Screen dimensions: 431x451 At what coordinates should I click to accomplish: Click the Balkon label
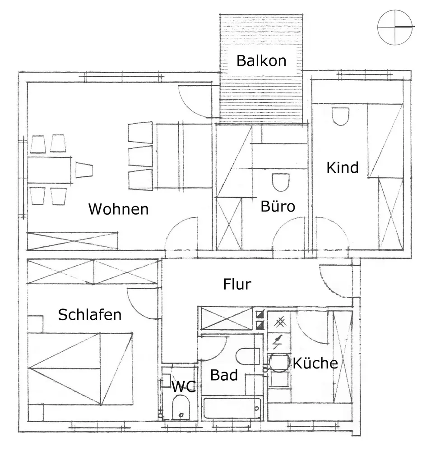click(x=261, y=60)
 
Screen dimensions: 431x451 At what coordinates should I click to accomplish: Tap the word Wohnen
click(x=118, y=209)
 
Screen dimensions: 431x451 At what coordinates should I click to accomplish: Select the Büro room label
click(x=278, y=207)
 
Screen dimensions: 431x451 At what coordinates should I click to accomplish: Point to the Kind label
click(x=342, y=168)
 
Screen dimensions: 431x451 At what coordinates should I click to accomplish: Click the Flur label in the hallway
click(x=237, y=285)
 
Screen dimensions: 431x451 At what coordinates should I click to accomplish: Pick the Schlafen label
click(x=90, y=314)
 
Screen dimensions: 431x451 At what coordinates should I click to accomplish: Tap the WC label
click(x=183, y=386)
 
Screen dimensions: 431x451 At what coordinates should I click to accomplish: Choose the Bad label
click(x=224, y=375)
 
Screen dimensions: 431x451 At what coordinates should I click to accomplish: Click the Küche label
click(x=315, y=363)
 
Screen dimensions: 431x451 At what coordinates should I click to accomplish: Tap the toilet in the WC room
click(x=181, y=408)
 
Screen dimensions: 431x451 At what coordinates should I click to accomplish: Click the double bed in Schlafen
click(x=80, y=368)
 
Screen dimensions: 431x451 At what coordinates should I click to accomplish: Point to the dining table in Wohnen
click(x=50, y=170)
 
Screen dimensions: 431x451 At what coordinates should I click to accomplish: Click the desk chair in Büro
click(x=281, y=182)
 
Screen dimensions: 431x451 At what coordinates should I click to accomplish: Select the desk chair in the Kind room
click(x=341, y=116)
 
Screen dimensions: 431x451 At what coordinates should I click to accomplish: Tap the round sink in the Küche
click(x=279, y=363)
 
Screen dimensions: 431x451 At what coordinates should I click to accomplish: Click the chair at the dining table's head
click(x=84, y=170)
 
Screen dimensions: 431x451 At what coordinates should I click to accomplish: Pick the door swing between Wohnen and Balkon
click(x=195, y=100)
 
